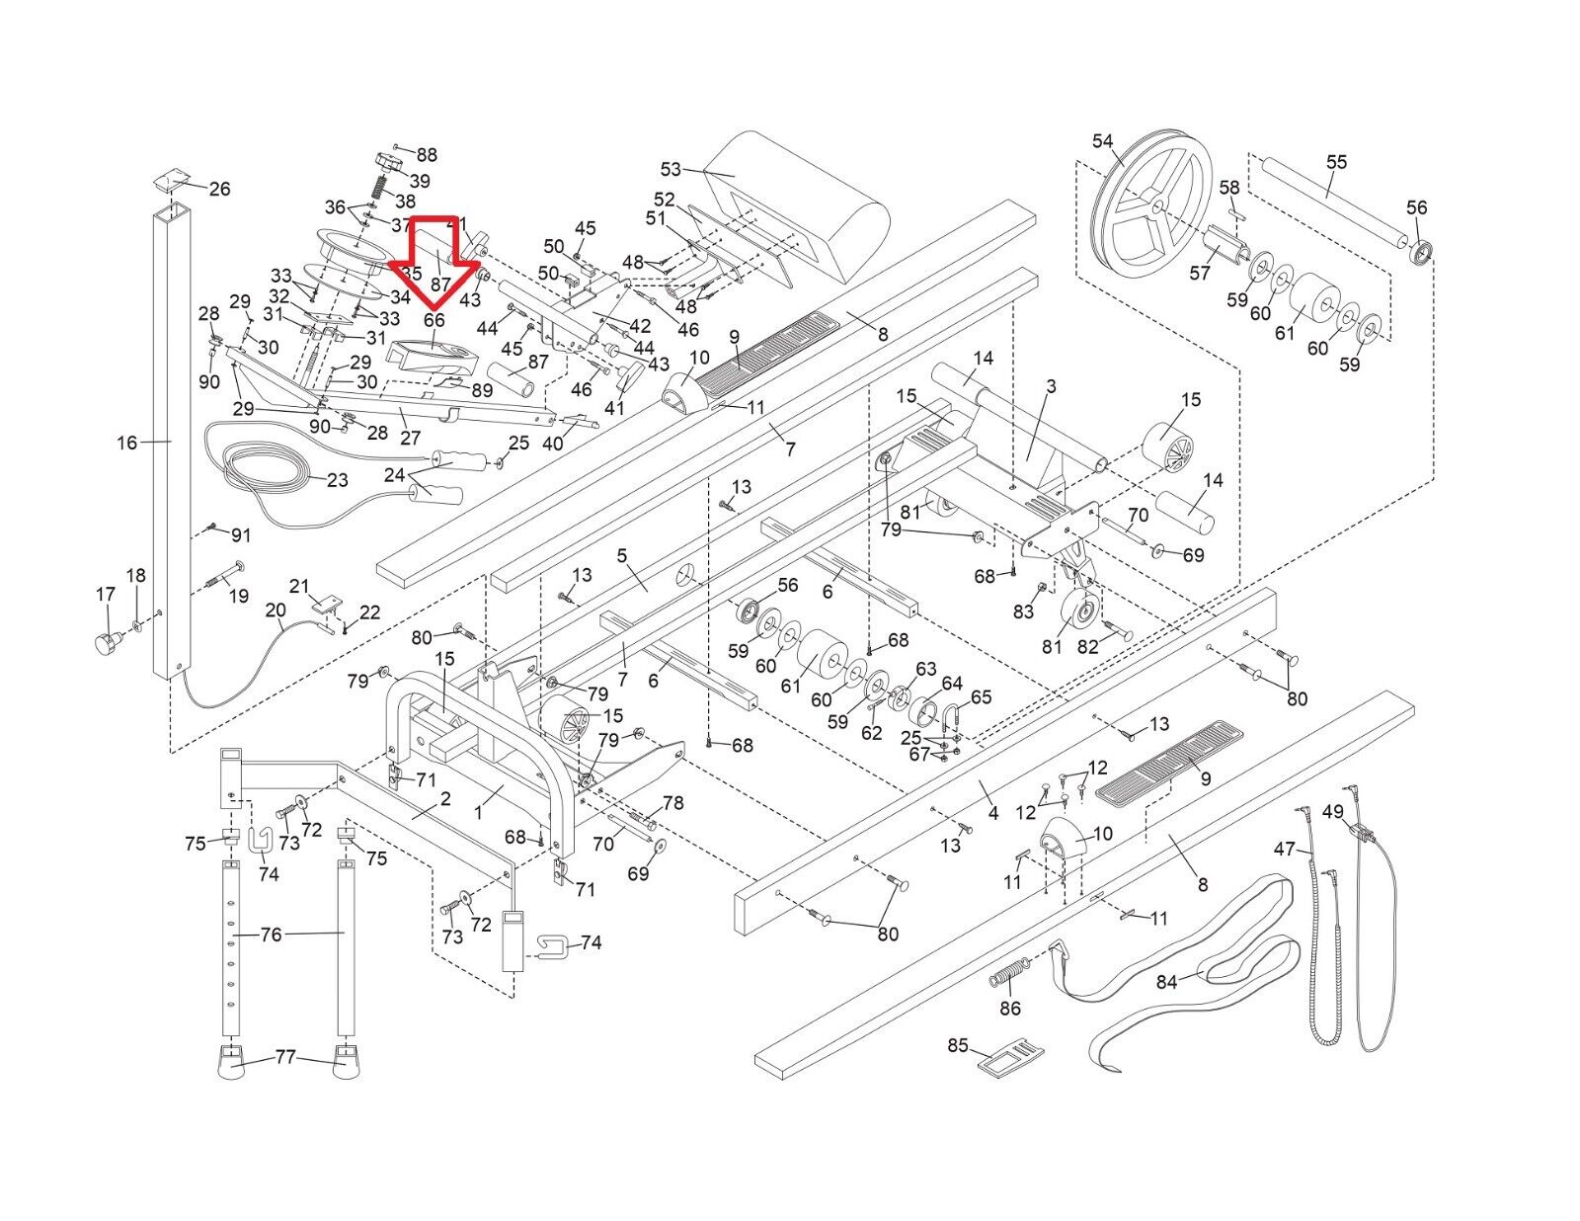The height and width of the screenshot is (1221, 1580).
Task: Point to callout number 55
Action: click(x=1336, y=162)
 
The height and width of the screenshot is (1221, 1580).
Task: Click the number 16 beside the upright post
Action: click(x=127, y=443)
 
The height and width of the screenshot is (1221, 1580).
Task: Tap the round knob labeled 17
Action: click(x=105, y=645)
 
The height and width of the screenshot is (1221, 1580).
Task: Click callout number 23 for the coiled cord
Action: click(x=337, y=480)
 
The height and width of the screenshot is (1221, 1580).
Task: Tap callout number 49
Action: click(x=1333, y=812)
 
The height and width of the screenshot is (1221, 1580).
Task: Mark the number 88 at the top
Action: click(x=426, y=155)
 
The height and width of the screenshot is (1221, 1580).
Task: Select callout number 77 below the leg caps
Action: click(x=284, y=1058)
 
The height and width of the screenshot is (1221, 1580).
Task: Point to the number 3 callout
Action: click(x=1051, y=386)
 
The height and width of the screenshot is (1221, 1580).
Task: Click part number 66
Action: click(x=434, y=320)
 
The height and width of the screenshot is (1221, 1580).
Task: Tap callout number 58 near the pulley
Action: click(x=1229, y=188)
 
